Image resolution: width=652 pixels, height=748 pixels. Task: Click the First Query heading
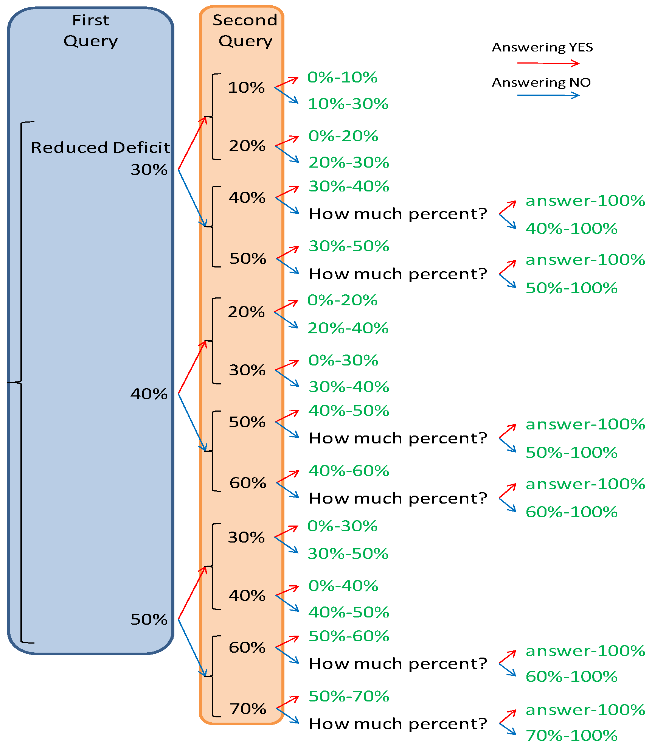coord(91,30)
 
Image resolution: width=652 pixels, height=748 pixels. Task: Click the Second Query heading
coord(245,30)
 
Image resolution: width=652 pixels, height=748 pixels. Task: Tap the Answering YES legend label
coord(542,47)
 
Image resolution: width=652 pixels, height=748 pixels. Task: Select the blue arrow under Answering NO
coord(548,95)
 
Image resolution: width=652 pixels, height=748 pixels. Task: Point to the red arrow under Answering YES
coord(548,63)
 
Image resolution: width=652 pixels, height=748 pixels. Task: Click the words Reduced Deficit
coord(100,148)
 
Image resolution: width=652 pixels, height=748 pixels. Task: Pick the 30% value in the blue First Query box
coord(149,170)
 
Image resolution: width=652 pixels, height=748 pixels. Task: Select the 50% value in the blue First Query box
coord(149,619)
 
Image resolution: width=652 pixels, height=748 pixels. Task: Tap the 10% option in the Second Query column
coord(246,87)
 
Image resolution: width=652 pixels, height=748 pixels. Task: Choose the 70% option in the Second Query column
coord(248,709)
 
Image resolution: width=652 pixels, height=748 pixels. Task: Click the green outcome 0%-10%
coord(342,77)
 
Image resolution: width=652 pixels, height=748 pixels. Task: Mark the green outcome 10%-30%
coord(348,104)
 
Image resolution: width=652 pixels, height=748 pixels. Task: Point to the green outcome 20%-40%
coord(348,328)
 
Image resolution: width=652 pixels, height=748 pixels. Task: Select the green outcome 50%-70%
coord(349,696)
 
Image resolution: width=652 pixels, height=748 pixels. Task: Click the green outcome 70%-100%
coord(571,736)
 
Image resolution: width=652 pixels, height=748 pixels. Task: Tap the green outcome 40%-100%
coord(571,229)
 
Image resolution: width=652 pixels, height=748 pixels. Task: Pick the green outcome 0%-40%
coord(343,586)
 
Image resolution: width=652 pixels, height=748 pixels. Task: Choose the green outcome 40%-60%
coord(349,471)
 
